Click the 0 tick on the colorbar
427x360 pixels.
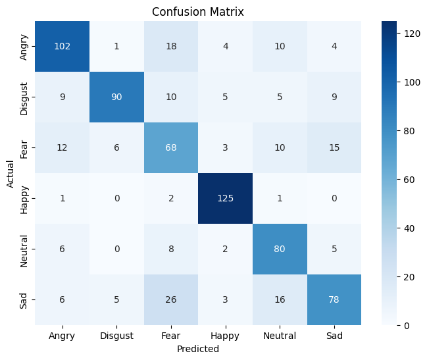[401, 325]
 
